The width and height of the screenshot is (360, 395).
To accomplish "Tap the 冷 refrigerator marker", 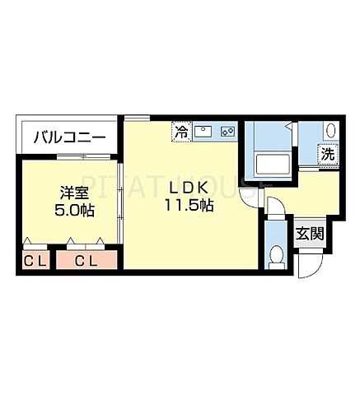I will click(180, 130).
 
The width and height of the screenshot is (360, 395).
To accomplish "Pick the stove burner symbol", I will click(228, 131).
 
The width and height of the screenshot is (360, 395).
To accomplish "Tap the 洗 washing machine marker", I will click(327, 153).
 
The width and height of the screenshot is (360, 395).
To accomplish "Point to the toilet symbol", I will click(275, 254).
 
